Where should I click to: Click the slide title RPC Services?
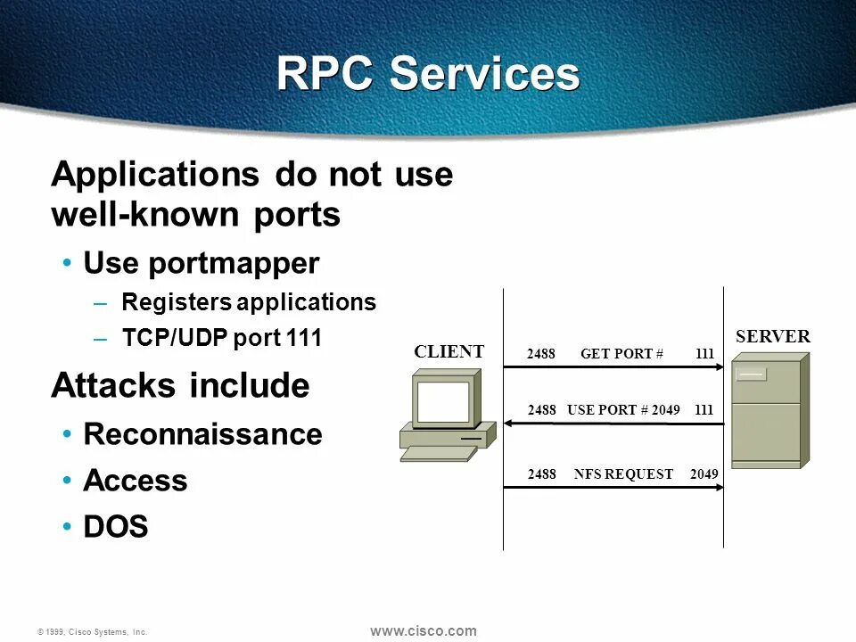428,74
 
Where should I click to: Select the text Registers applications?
249,302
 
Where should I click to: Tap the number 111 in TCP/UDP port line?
304,339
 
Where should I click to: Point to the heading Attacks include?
180,386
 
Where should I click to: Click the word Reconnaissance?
202,434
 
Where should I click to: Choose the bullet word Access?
135,481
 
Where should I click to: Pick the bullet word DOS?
115,527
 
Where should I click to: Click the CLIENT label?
449,351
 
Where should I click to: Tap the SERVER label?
772,336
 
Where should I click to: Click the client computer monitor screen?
442,404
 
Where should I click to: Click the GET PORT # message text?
621,353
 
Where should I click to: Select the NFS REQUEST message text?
623,474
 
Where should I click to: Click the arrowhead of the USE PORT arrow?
509,424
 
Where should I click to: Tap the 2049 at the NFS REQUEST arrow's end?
704,474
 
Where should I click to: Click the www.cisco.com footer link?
423,631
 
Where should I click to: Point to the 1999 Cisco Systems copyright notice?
92,632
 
